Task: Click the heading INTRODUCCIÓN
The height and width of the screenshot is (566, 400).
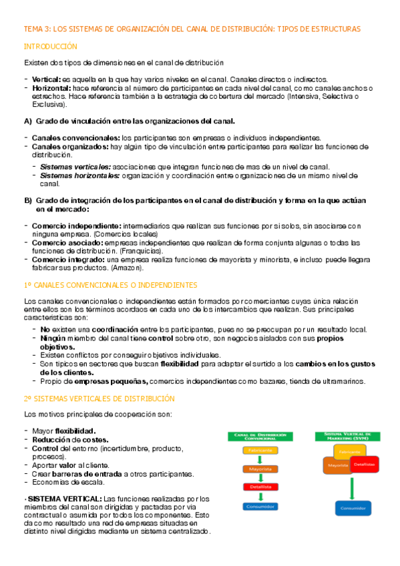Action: pos(51,47)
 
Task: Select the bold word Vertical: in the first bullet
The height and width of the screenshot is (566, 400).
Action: pos(46,80)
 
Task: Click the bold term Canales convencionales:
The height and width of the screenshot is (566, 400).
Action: pos(75,137)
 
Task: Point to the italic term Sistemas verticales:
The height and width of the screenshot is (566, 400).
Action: pos(75,166)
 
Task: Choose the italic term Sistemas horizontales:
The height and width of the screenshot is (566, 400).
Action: pos(80,175)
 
